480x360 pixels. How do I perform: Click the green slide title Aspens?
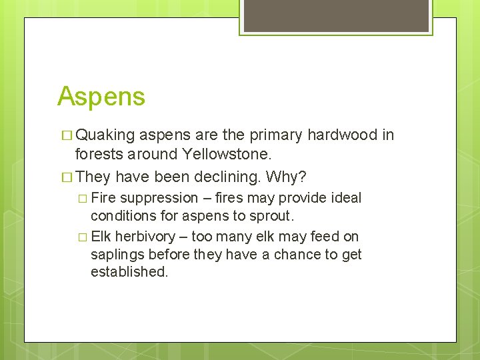tap(101, 97)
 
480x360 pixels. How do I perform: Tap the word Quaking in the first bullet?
tap(105, 135)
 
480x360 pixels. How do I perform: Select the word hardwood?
tap(344, 135)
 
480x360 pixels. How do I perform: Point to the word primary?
tap(275, 135)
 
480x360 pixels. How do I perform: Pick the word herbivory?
tap(144, 236)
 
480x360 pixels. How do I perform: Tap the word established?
tap(129, 272)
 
